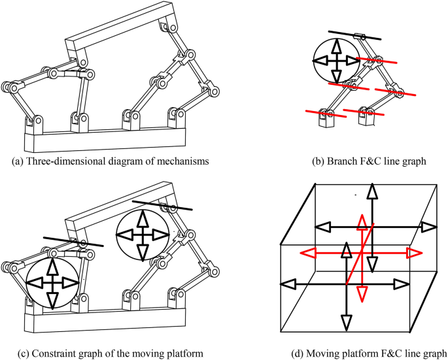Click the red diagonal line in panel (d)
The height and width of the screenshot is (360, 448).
click(x=360, y=256)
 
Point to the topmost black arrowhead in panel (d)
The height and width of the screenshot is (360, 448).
click(x=371, y=191)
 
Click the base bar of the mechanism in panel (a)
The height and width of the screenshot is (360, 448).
click(x=105, y=139)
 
